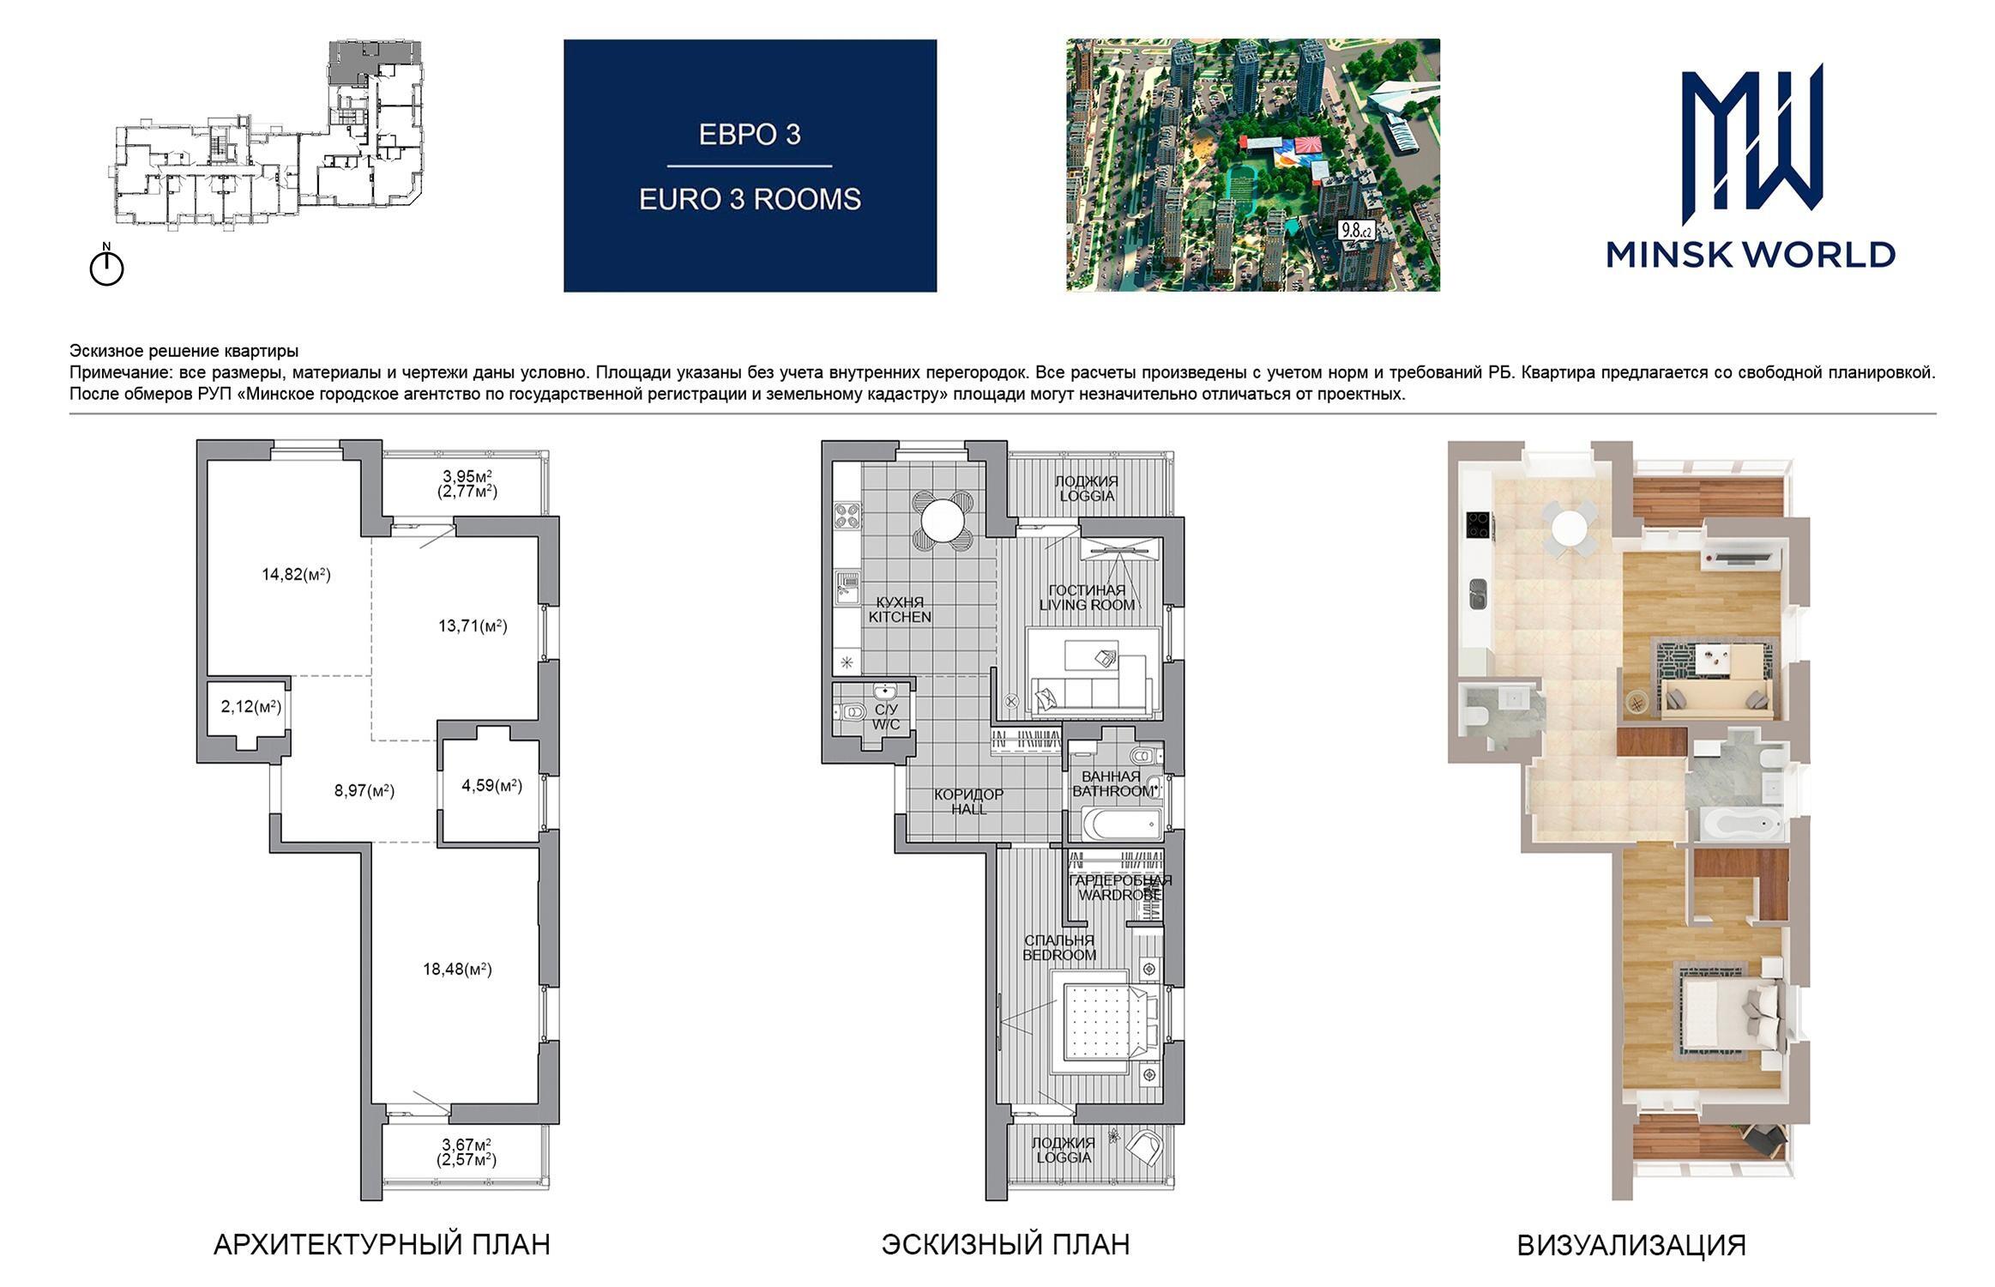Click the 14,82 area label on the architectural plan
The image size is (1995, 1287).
point(296,575)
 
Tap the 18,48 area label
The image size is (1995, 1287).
point(457,970)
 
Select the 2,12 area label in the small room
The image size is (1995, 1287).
point(251,707)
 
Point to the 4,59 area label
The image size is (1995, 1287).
point(491,785)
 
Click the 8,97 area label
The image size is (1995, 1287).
point(365,791)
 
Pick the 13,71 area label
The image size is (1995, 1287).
point(473,626)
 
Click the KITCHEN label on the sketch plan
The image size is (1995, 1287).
point(900,617)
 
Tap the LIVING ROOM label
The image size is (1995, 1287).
point(1087,605)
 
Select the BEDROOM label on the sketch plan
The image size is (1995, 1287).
point(1059,955)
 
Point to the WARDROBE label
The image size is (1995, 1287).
point(1120,895)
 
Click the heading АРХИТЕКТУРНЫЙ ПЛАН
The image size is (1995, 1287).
point(382,1245)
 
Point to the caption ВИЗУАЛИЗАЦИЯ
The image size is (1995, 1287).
point(1631,1246)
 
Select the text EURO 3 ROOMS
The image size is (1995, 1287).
point(750,200)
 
